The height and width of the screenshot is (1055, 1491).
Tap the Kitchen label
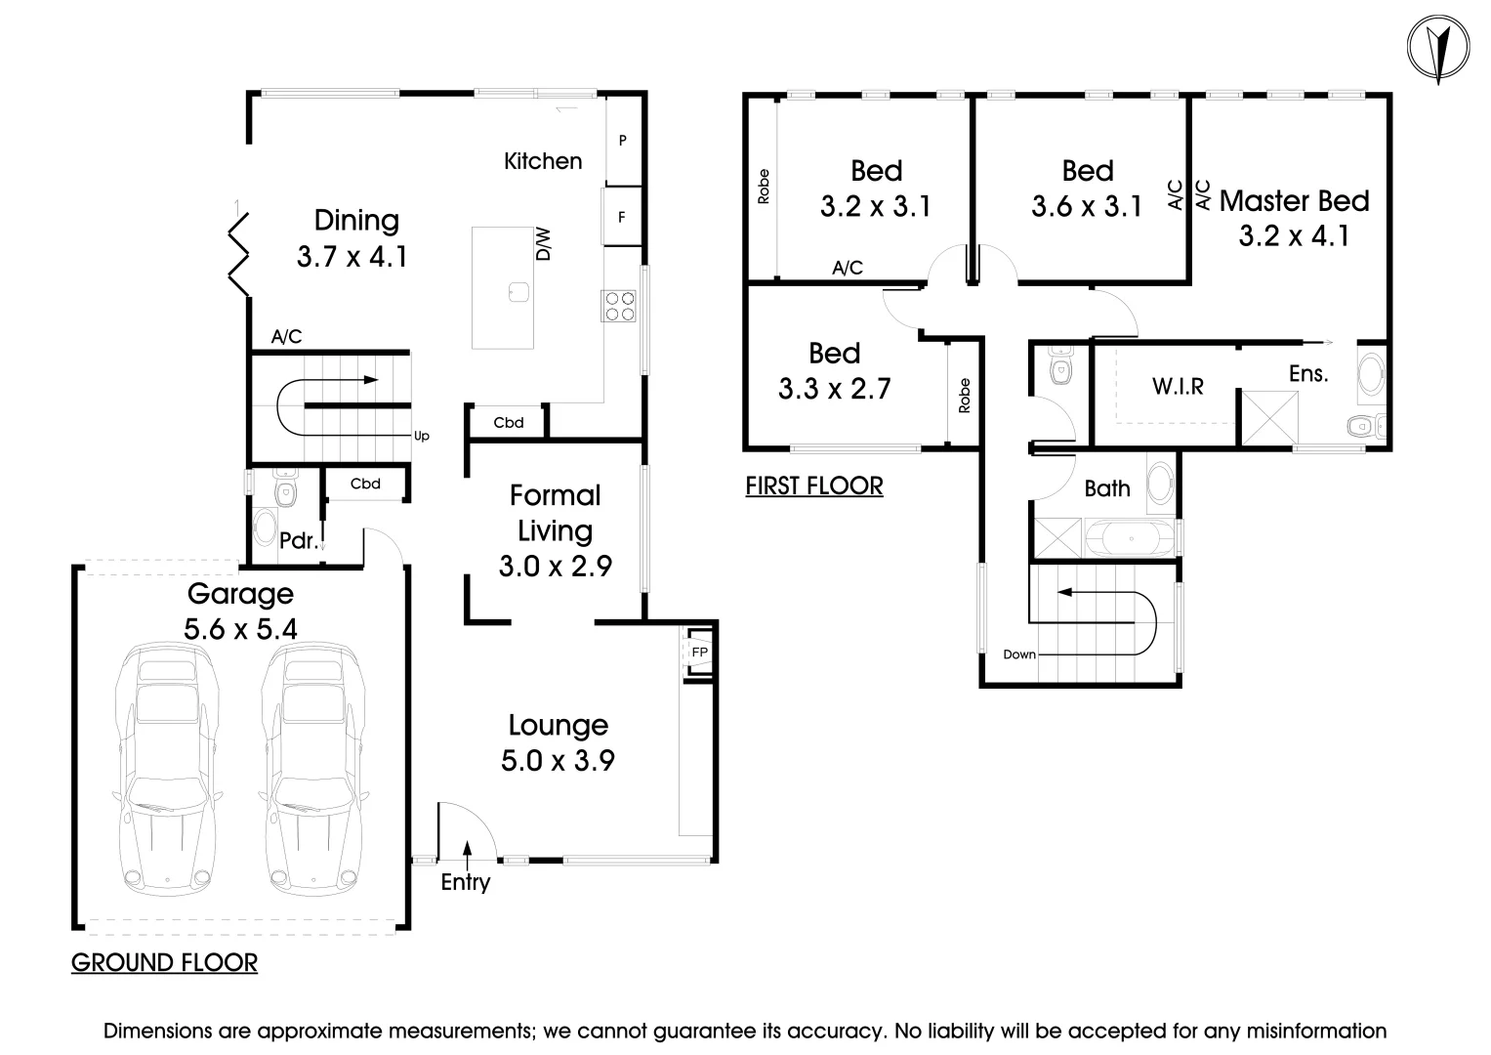(543, 161)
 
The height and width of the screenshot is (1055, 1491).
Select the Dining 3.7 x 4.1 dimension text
(352, 257)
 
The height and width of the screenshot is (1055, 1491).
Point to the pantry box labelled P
(623, 141)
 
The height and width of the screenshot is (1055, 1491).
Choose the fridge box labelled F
(622, 217)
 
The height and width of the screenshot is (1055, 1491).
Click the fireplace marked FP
(699, 652)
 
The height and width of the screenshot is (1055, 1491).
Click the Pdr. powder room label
(298, 540)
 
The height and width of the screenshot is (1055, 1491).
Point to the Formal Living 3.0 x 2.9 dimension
(555, 567)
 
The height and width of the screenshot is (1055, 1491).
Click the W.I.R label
(1178, 387)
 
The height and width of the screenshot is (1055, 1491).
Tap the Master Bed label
(1294, 201)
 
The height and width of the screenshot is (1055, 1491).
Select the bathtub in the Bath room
(1133, 538)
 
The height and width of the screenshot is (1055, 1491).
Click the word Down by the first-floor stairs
(1018, 654)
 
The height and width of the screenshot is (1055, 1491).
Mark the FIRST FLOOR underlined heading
(813, 485)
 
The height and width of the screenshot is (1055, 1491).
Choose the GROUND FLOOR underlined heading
(164, 963)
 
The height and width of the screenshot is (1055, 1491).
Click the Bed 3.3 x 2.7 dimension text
(834, 390)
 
